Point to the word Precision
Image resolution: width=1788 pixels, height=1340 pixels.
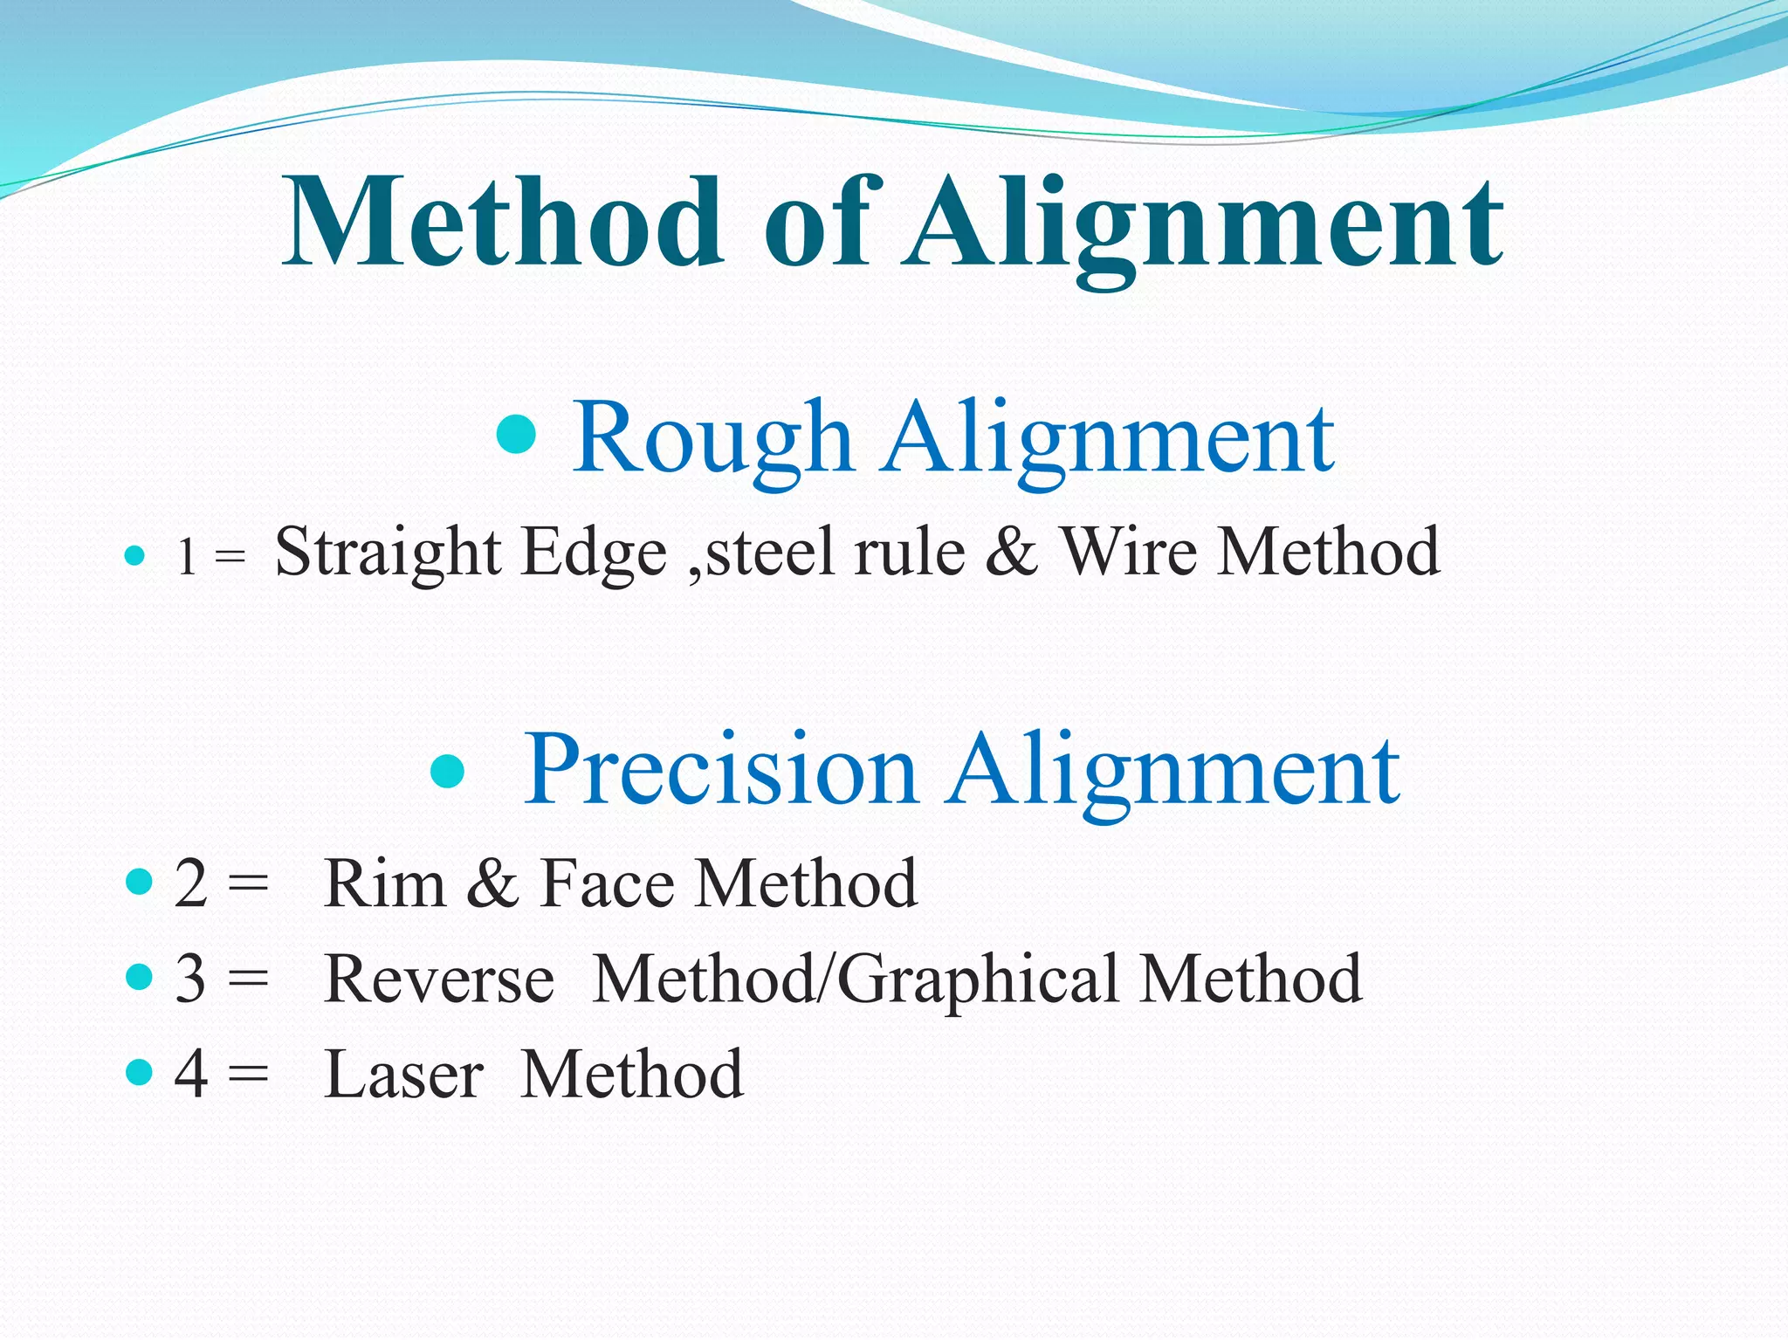click(719, 769)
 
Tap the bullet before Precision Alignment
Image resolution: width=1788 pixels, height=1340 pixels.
click(448, 770)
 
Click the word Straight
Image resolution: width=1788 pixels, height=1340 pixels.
click(388, 553)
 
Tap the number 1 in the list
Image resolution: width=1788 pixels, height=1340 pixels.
click(186, 556)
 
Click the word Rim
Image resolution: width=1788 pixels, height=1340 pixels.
click(384, 883)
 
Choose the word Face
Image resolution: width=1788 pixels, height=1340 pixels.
click(608, 883)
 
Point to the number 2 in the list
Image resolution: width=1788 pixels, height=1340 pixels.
click(191, 883)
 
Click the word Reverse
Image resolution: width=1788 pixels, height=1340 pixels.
click(439, 979)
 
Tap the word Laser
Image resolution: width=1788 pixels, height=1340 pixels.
click(403, 1074)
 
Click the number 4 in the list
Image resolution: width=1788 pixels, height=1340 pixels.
click(191, 1074)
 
